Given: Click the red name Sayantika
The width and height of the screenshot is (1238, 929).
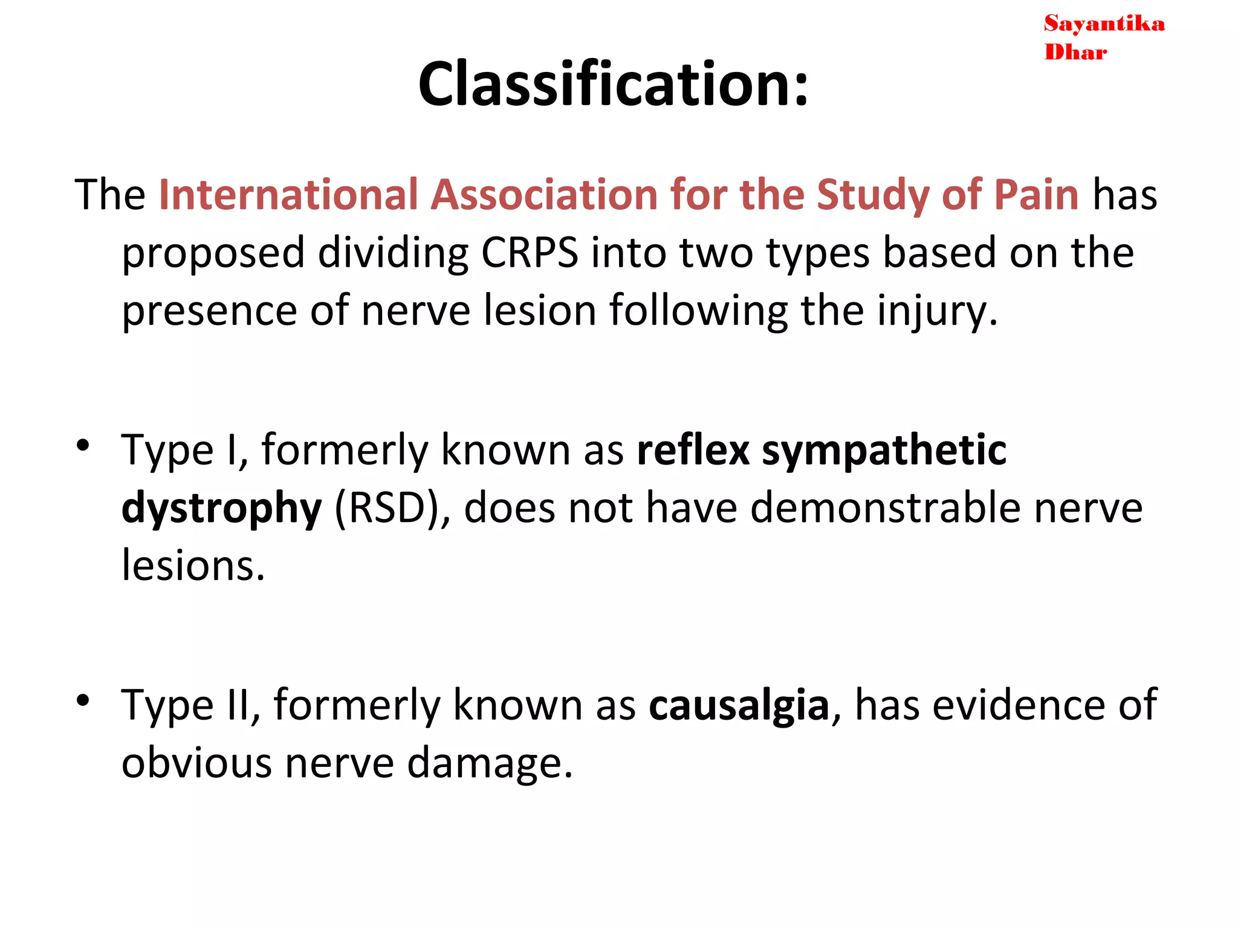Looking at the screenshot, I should [1104, 24].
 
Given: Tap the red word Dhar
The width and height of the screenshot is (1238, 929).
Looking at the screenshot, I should [1075, 53].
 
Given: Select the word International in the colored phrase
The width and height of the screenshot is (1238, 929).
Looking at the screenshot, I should [288, 195].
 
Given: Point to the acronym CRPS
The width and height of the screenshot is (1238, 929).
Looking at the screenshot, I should [530, 252].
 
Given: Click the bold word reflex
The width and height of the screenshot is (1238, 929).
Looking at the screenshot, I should [693, 450].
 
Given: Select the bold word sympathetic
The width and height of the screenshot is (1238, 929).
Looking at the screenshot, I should [884, 451].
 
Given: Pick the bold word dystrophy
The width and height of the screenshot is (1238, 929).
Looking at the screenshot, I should [222, 509].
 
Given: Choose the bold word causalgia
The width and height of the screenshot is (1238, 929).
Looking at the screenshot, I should [739, 705].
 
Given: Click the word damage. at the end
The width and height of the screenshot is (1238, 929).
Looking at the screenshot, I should [490, 763].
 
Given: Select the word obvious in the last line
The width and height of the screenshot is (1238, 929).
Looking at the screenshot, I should [196, 763].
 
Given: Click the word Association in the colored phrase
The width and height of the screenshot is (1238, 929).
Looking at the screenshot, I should [544, 195].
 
